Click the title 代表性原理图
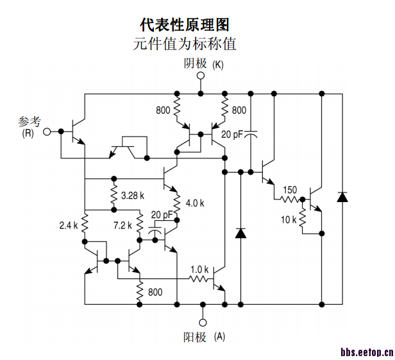[185, 24]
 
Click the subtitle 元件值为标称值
[185, 44]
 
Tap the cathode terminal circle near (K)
[201, 76]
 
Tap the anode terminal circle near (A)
[202, 322]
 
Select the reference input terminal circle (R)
[47, 132]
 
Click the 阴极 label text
[195, 64]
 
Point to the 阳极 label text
[196, 337]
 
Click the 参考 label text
[29, 121]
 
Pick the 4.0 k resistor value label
[194, 203]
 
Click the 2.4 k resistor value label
[68, 225]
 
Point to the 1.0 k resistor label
[199, 269]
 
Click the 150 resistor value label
[290, 189]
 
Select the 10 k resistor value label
[289, 219]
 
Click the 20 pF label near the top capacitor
[232, 135]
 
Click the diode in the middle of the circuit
[241, 232]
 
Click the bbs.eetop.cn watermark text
[366, 352]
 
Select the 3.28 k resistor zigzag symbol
[113, 194]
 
